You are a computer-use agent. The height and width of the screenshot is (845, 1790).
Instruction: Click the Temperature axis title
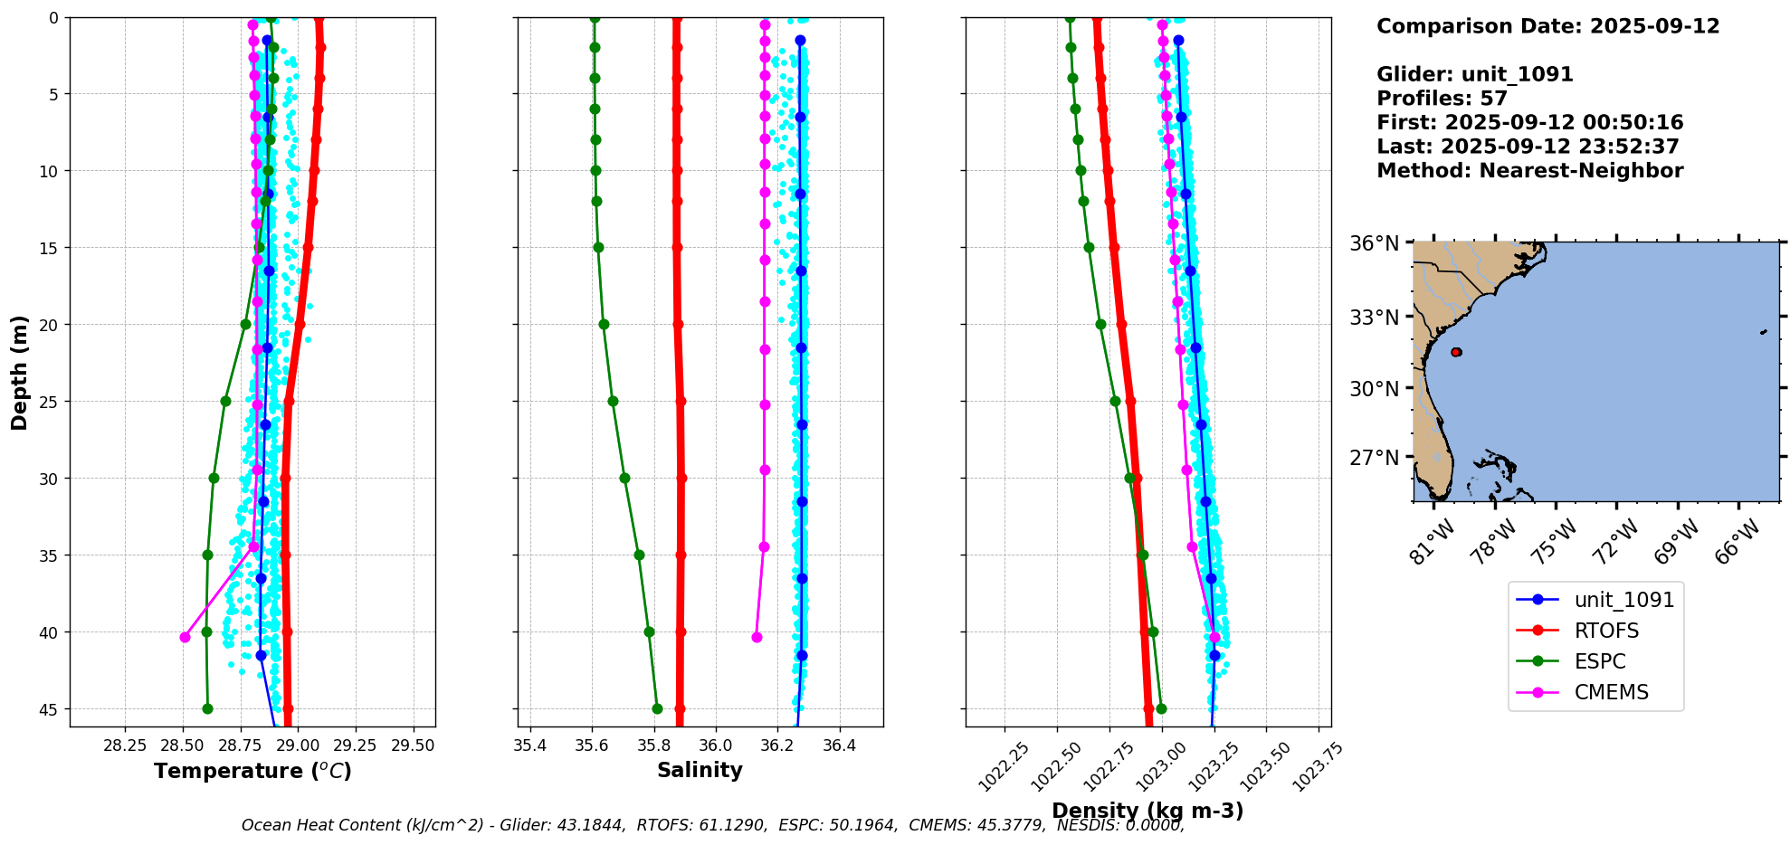click(x=252, y=771)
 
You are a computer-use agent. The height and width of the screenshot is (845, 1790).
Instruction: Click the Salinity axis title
click(x=700, y=770)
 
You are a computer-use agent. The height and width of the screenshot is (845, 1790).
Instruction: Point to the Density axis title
click(x=1147, y=811)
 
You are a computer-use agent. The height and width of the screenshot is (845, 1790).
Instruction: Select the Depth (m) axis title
click(x=20, y=372)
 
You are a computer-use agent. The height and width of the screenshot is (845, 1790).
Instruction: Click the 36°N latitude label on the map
click(x=1375, y=243)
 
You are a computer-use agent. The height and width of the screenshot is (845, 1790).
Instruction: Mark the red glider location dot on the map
click(x=1456, y=352)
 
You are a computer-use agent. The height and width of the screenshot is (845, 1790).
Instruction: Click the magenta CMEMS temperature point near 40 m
click(x=185, y=637)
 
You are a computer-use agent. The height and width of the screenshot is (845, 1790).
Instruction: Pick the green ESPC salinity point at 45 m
click(x=657, y=708)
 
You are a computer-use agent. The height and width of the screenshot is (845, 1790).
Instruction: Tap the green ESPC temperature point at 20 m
click(x=245, y=324)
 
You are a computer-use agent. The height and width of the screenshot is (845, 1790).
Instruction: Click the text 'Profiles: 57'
click(x=1442, y=99)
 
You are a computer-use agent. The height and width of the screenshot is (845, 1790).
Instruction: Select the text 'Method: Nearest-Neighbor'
click(x=1529, y=171)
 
